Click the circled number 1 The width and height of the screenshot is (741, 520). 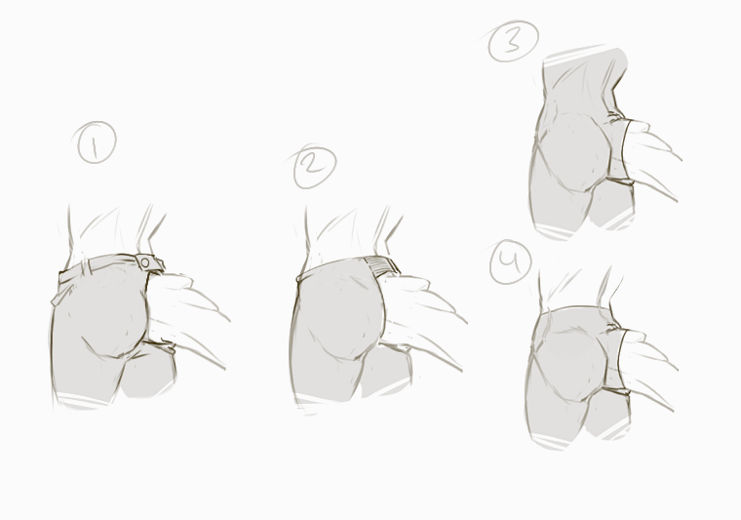96,142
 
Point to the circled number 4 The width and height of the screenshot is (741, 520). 510,261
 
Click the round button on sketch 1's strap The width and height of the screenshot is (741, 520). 145,262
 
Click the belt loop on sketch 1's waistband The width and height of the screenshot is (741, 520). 89,266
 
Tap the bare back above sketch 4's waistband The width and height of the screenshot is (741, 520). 576,290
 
